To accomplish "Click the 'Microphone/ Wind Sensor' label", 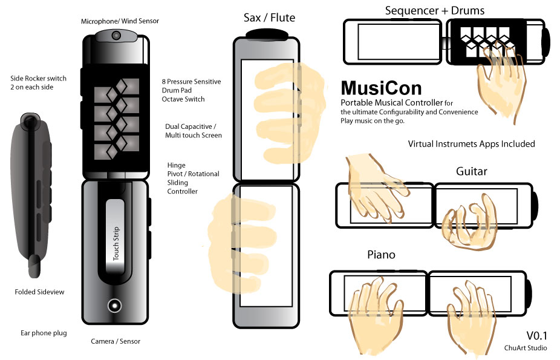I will (120, 21).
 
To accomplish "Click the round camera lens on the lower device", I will (113, 306).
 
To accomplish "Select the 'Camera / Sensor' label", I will (116, 341).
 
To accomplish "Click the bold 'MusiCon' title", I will (380, 89).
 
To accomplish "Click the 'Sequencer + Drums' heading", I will (434, 10).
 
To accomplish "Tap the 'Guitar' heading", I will (471, 171).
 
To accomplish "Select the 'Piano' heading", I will (381, 255).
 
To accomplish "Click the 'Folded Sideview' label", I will (39, 292).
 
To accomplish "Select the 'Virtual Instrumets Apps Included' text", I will (471, 144).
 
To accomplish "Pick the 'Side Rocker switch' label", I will (39, 79).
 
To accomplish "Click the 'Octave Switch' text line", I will (183, 99).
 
